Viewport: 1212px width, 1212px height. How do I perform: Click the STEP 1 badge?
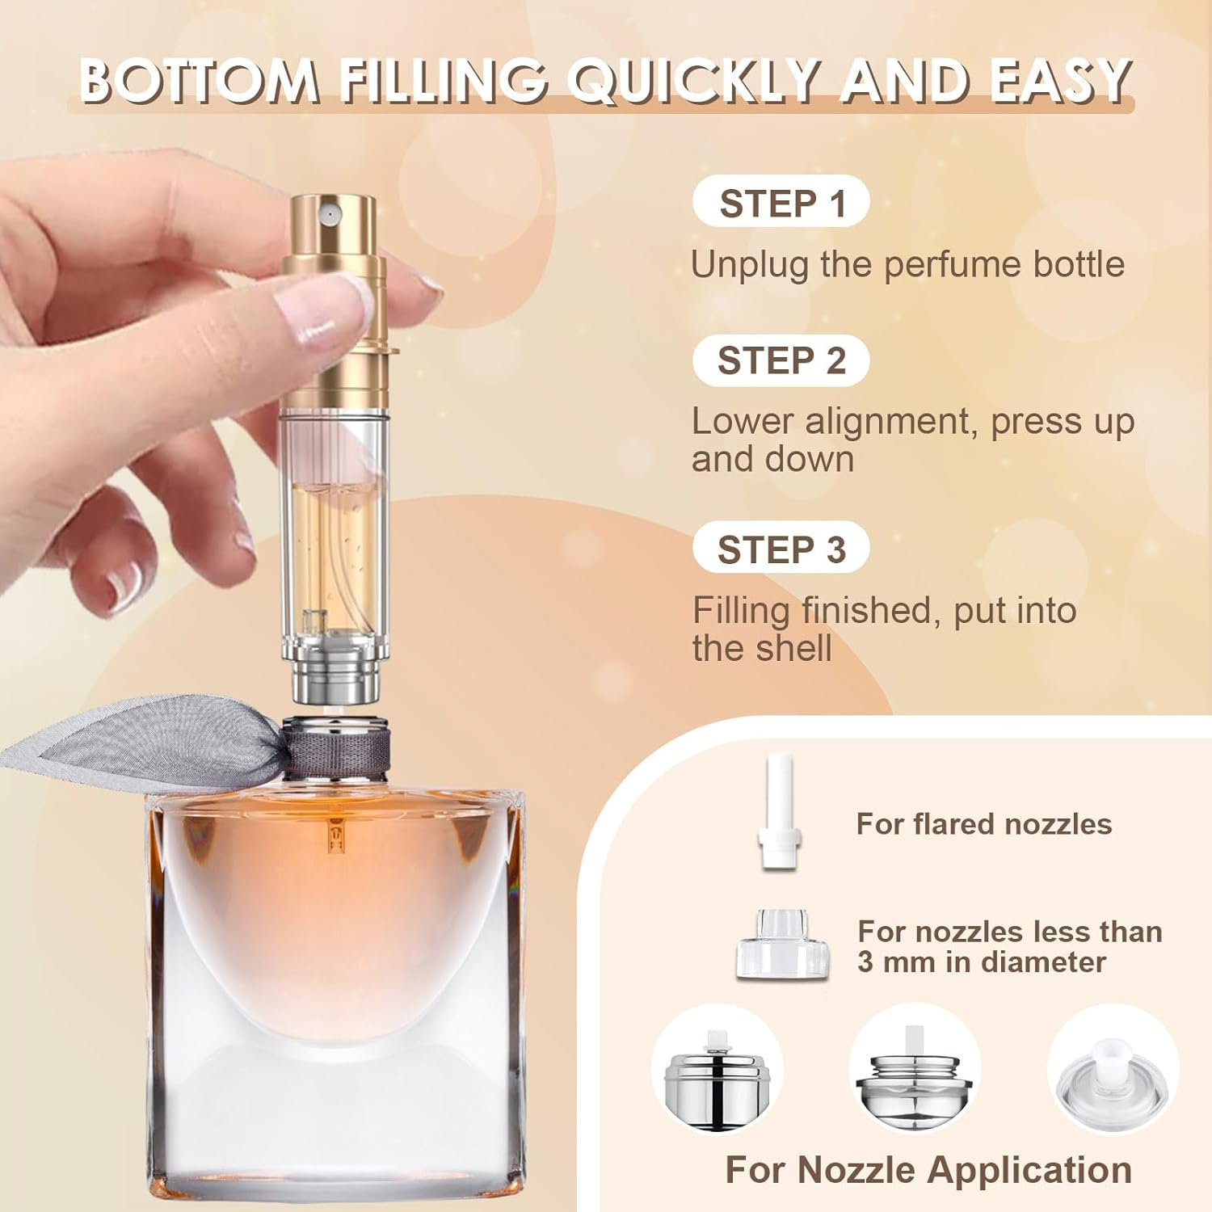[x=781, y=202]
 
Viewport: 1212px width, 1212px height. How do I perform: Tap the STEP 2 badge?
[x=781, y=360]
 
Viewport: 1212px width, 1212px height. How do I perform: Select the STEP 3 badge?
[x=781, y=549]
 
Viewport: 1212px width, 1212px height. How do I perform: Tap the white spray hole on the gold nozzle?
[x=327, y=213]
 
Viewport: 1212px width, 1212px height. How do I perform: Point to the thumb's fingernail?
[x=319, y=305]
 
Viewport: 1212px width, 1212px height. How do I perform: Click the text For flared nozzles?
[x=983, y=824]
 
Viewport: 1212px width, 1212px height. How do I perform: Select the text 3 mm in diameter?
[x=981, y=962]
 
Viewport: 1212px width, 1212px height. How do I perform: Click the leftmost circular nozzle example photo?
[x=717, y=1069]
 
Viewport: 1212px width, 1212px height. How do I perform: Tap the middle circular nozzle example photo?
[x=915, y=1069]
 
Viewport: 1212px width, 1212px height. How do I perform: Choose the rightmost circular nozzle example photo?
[x=1113, y=1069]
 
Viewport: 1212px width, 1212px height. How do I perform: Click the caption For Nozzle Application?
[x=928, y=1169]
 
